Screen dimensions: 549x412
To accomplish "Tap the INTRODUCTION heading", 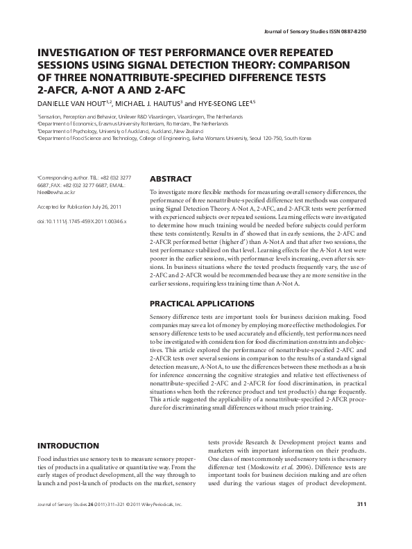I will [67, 446].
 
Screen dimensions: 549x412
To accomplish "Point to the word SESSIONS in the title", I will [64, 65].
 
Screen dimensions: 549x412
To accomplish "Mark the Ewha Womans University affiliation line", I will [173, 139].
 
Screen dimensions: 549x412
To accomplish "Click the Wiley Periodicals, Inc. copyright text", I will [156, 523].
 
